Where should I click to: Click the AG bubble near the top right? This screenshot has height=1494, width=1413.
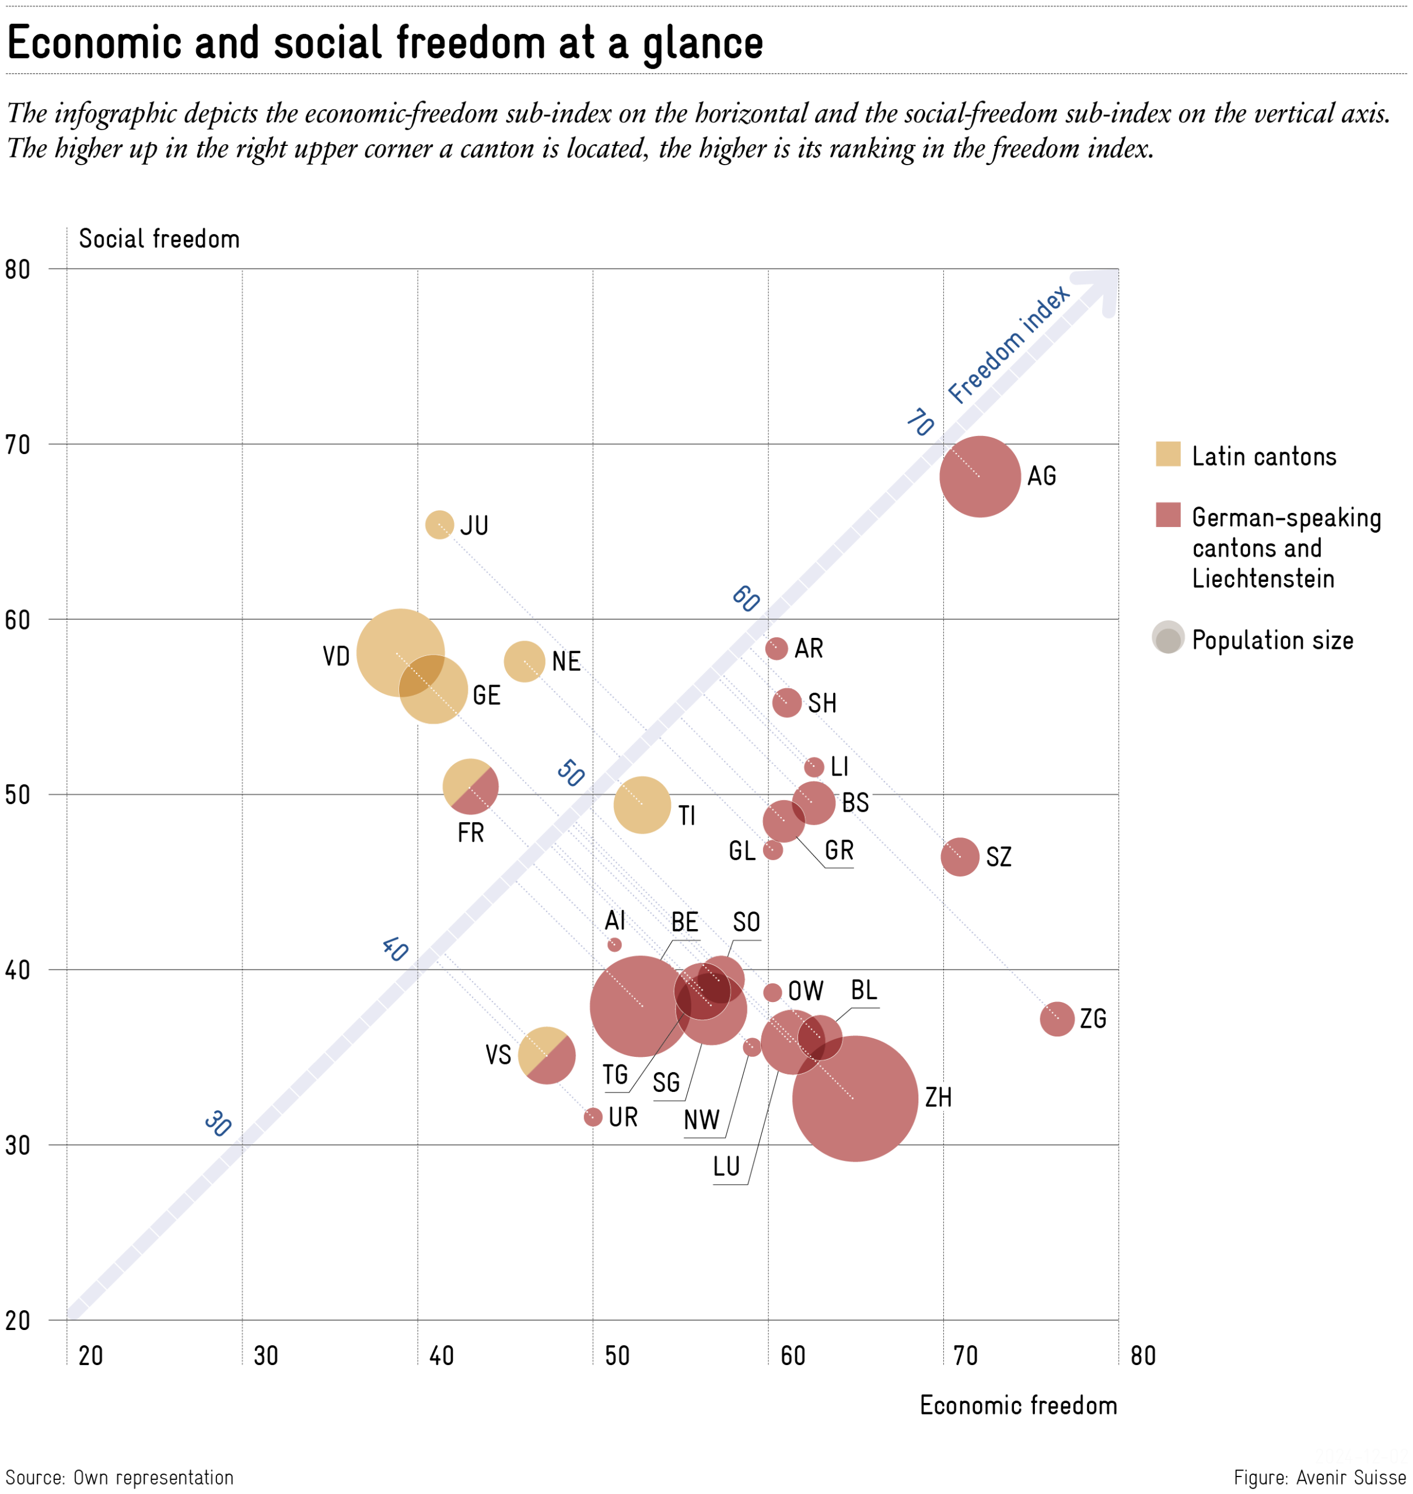979,476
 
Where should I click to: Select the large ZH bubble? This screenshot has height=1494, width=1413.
854,1098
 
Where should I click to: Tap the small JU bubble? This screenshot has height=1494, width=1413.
439,525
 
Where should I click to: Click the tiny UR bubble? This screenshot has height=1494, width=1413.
593,1116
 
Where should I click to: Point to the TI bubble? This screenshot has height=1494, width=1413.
642,805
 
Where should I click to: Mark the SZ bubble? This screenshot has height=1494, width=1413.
960,857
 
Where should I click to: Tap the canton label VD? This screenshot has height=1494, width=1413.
336,656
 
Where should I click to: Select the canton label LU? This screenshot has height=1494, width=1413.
726,1166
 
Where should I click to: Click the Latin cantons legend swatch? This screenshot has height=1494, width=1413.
1167,454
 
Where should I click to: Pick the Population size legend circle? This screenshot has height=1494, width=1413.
1167,638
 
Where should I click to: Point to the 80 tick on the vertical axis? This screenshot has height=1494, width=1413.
18,270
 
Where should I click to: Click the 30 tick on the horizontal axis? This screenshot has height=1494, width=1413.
266,1355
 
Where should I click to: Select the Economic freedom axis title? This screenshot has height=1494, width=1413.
1017,1406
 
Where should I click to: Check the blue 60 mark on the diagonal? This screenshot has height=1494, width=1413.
746,598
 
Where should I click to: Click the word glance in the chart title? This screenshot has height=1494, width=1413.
702,44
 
